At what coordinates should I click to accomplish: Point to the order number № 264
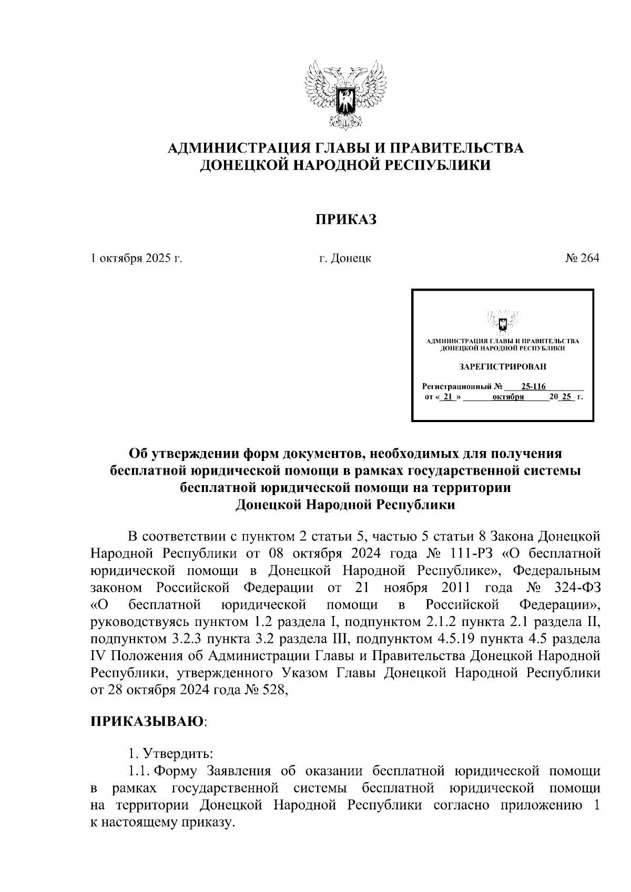click(x=582, y=258)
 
